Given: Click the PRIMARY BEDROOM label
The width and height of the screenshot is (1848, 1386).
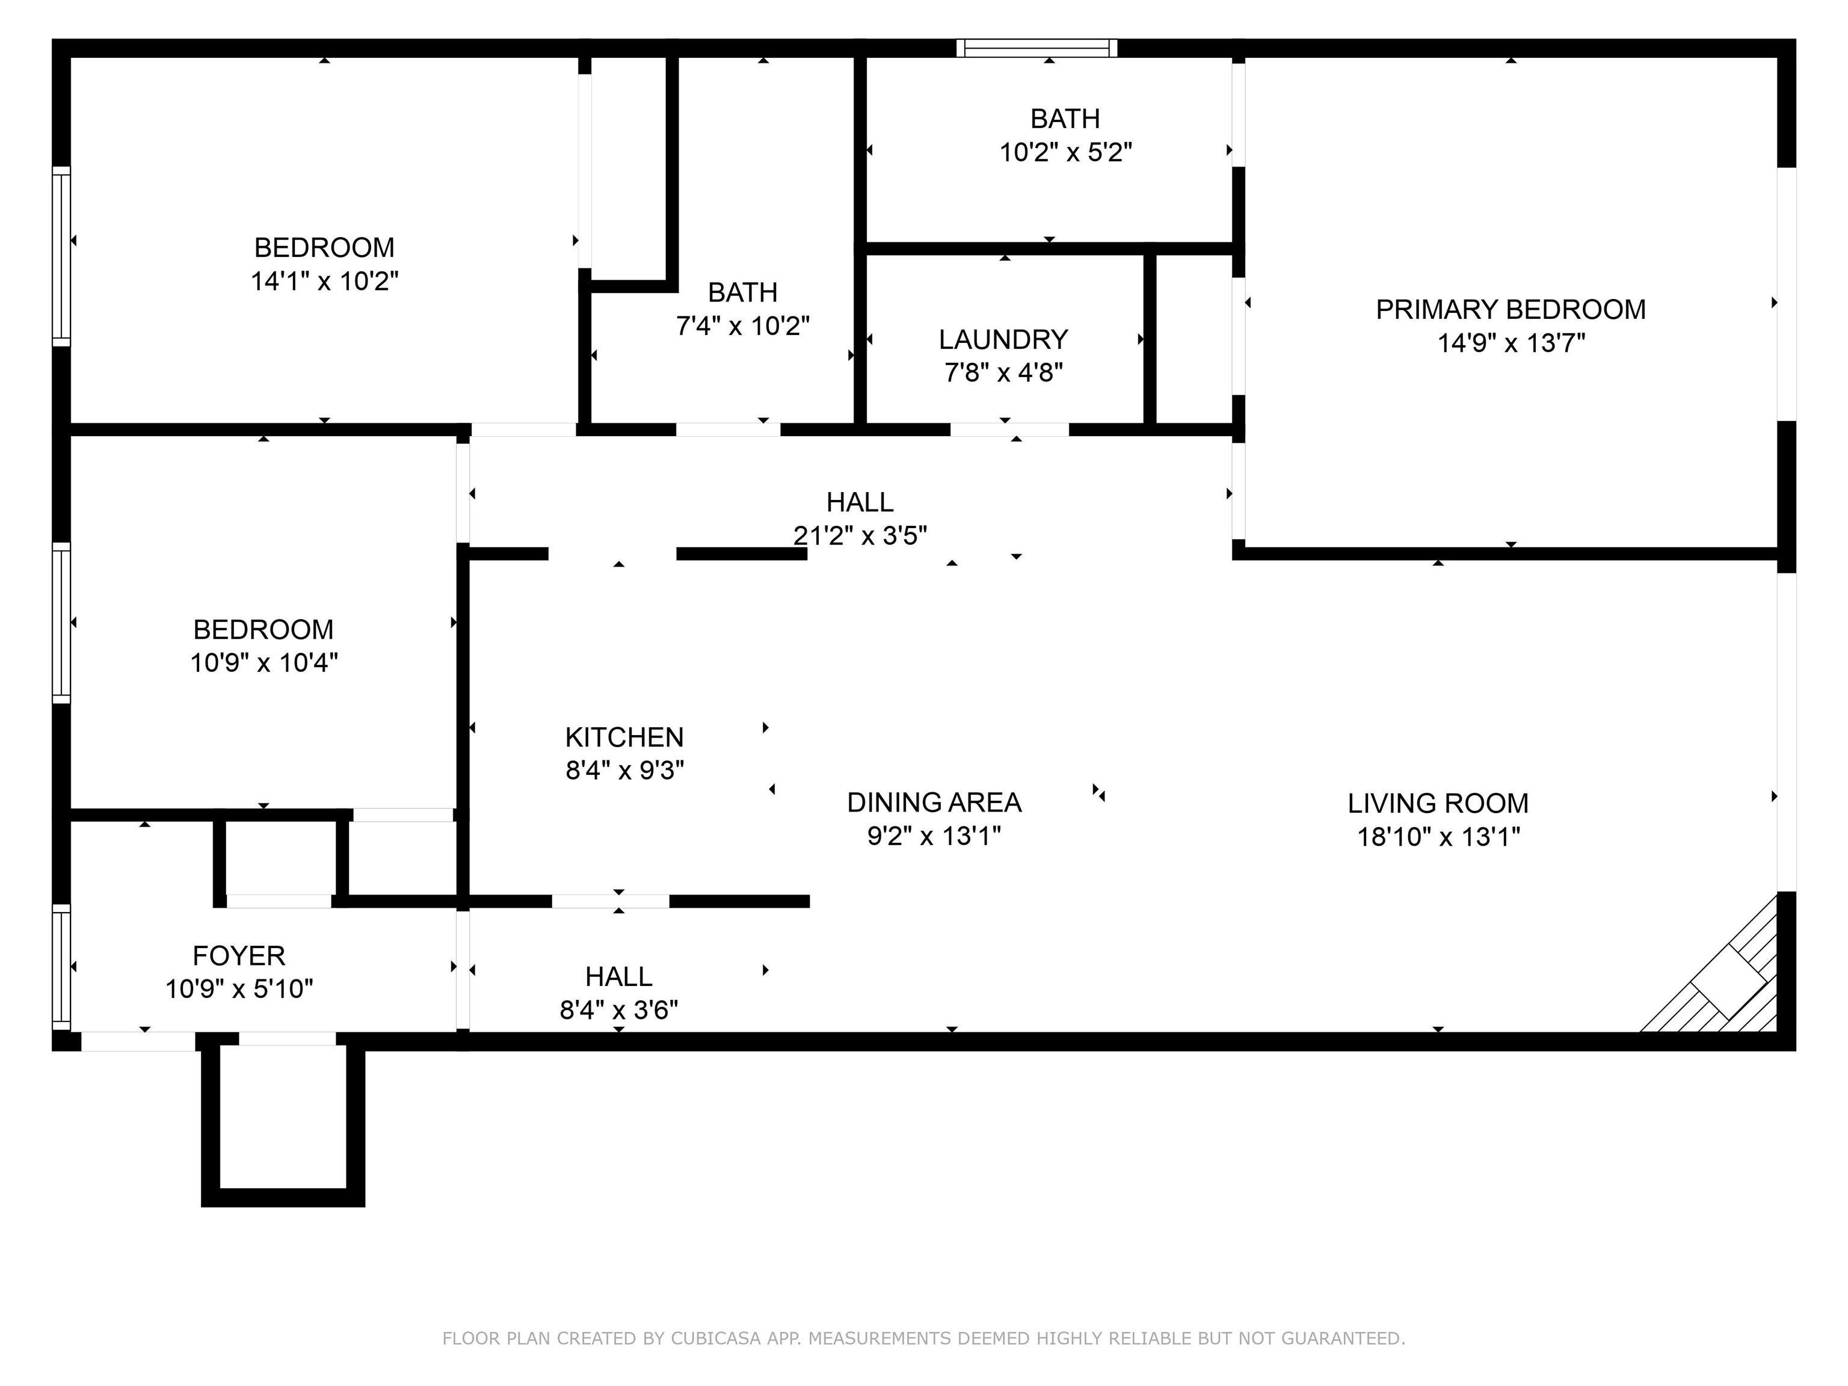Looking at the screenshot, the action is click(x=1511, y=310).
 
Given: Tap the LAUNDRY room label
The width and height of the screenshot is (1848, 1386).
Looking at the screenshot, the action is click(x=1003, y=339).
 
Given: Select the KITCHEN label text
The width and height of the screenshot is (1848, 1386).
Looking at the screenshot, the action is click(x=624, y=737).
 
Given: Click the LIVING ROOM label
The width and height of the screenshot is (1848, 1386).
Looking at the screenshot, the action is click(x=1438, y=803).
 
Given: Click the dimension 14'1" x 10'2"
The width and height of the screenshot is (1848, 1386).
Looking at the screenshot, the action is click(x=324, y=282).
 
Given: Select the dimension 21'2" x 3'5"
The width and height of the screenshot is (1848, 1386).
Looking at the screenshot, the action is click(x=860, y=535).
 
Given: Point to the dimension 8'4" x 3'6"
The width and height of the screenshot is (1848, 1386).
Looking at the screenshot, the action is click(x=618, y=1011).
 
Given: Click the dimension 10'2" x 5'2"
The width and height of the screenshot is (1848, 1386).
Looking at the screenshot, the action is click(x=1065, y=153).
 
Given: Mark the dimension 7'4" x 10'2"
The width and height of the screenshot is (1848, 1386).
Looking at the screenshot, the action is click(x=743, y=326).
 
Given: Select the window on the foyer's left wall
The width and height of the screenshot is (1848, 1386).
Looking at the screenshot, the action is click(x=61, y=967).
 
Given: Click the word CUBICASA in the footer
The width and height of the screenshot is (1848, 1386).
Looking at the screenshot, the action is click(x=716, y=1338).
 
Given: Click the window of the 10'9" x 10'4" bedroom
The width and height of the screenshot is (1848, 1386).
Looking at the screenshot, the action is click(x=61, y=623).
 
